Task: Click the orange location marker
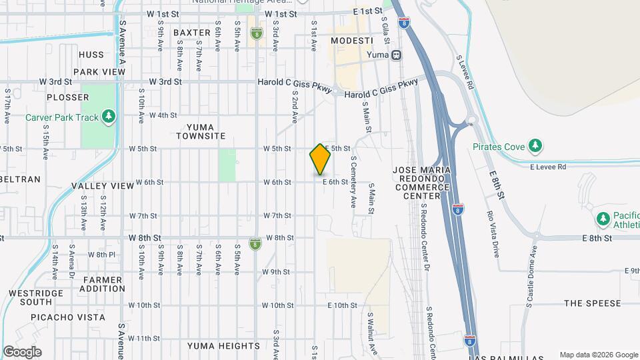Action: tap(320, 159)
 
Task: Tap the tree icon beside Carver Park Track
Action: tap(109, 117)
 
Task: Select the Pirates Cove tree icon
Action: tap(534, 145)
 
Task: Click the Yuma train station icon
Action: tap(397, 55)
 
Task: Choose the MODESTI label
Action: tap(351, 41)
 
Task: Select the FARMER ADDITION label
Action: tap(102, 283)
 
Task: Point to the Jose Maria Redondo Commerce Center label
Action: tap(421, 183)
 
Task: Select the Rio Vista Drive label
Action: tap(494, 234)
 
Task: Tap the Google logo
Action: tap(21, 352)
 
